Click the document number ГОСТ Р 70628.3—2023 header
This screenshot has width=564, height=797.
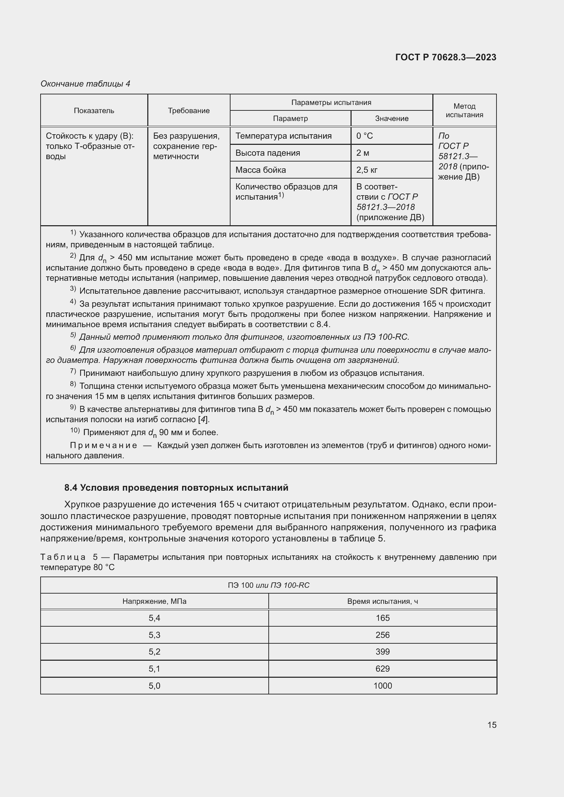[446, 57]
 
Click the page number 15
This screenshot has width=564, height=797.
[492, 725]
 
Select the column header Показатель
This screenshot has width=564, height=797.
[94, 110]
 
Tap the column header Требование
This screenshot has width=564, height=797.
[189, 110]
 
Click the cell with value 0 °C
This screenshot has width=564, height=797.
[364, 136]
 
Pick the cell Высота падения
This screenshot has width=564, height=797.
[267, 153]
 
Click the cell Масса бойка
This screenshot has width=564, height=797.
[261, 170]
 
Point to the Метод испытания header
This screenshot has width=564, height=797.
[464, 110]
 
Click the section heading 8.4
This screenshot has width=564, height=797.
[176, 488]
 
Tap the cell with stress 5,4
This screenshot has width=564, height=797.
[154, 618]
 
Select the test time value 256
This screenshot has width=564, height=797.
[382, 635]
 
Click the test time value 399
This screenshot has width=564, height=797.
[382, 652]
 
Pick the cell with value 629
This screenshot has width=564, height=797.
[382, 669]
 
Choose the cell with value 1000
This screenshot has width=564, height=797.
[382, 686]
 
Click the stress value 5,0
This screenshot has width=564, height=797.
[154, 686]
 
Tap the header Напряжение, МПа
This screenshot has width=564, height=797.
[154, 601]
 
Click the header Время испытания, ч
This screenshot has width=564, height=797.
[382, 601]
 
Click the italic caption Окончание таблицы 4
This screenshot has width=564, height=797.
[85, 84]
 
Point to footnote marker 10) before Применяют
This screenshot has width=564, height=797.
[75, 431]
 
